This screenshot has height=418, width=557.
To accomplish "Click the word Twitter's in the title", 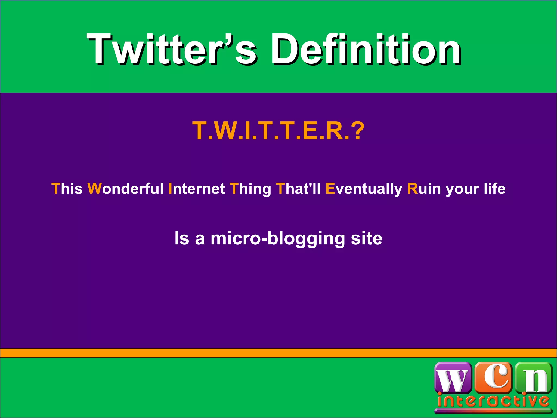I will (x=171, y=50).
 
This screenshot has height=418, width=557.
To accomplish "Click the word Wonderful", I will (x=125, y=189).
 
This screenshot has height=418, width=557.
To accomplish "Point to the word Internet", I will (x=197, y=189).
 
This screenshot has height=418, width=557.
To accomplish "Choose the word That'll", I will (x=298, y=189).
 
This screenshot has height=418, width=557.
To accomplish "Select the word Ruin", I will (x=424, y=189).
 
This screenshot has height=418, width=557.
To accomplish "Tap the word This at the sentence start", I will (x=67, y=189).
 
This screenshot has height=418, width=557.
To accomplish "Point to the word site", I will (x=366, y=238).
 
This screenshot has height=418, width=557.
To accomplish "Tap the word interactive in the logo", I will (x=493, y=401).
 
